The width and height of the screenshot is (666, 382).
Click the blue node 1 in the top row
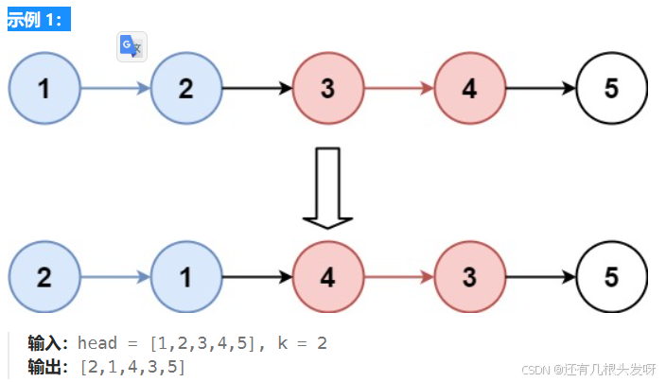[x=44, y=89]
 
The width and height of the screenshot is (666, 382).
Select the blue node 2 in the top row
[x=185, y=89]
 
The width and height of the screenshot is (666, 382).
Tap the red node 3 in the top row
[x=328, y=89]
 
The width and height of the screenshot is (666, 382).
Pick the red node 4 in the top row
[x=470, y=89]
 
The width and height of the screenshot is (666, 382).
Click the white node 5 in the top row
[x=611, y=89]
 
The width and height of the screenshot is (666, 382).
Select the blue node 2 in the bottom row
[x=44, y=278]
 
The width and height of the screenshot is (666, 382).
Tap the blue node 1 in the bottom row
[x=185, y=278]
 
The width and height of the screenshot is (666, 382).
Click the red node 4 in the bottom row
[x=328, y=278]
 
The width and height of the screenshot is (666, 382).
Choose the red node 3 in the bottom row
[x=470, y=278]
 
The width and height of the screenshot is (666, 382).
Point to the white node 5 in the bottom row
[x=611, y=278]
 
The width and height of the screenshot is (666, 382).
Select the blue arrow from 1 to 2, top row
[x=115, y=89]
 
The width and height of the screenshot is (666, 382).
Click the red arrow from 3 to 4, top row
[x=399, y=89]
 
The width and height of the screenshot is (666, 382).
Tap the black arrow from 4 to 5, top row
[x=541, y=89]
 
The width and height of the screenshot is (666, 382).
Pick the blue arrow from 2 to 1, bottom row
[x=115, y=278]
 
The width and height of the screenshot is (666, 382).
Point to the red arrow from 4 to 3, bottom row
[x=399, y=278]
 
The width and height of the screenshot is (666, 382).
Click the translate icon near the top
[x=131, y=47]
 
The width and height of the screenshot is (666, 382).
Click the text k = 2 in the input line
[x=303, y=343]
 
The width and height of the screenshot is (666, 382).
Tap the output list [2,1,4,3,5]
[x=132, y=366]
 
